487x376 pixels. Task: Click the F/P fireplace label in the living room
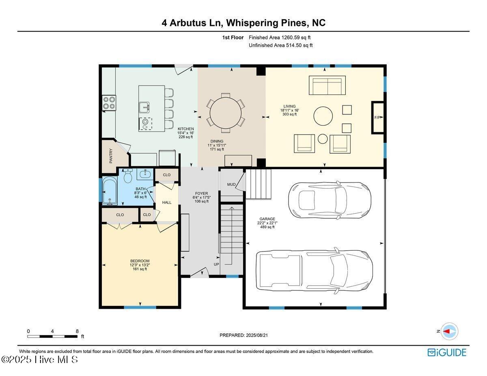pos(377,118)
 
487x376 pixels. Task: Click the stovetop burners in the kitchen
pos(109,103)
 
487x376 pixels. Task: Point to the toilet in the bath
pos(128,176)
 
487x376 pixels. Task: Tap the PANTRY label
pos(111,156)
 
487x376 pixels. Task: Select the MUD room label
pos(231,185)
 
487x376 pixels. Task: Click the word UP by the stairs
pos(217,264)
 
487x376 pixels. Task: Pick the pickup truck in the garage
pos(314,270)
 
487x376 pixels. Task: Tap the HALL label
pos(167,202)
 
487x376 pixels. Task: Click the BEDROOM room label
pos(140,261)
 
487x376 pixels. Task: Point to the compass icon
pos(449,331)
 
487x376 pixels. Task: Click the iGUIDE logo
pos(447,352)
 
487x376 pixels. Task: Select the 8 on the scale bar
pos(77,331)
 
